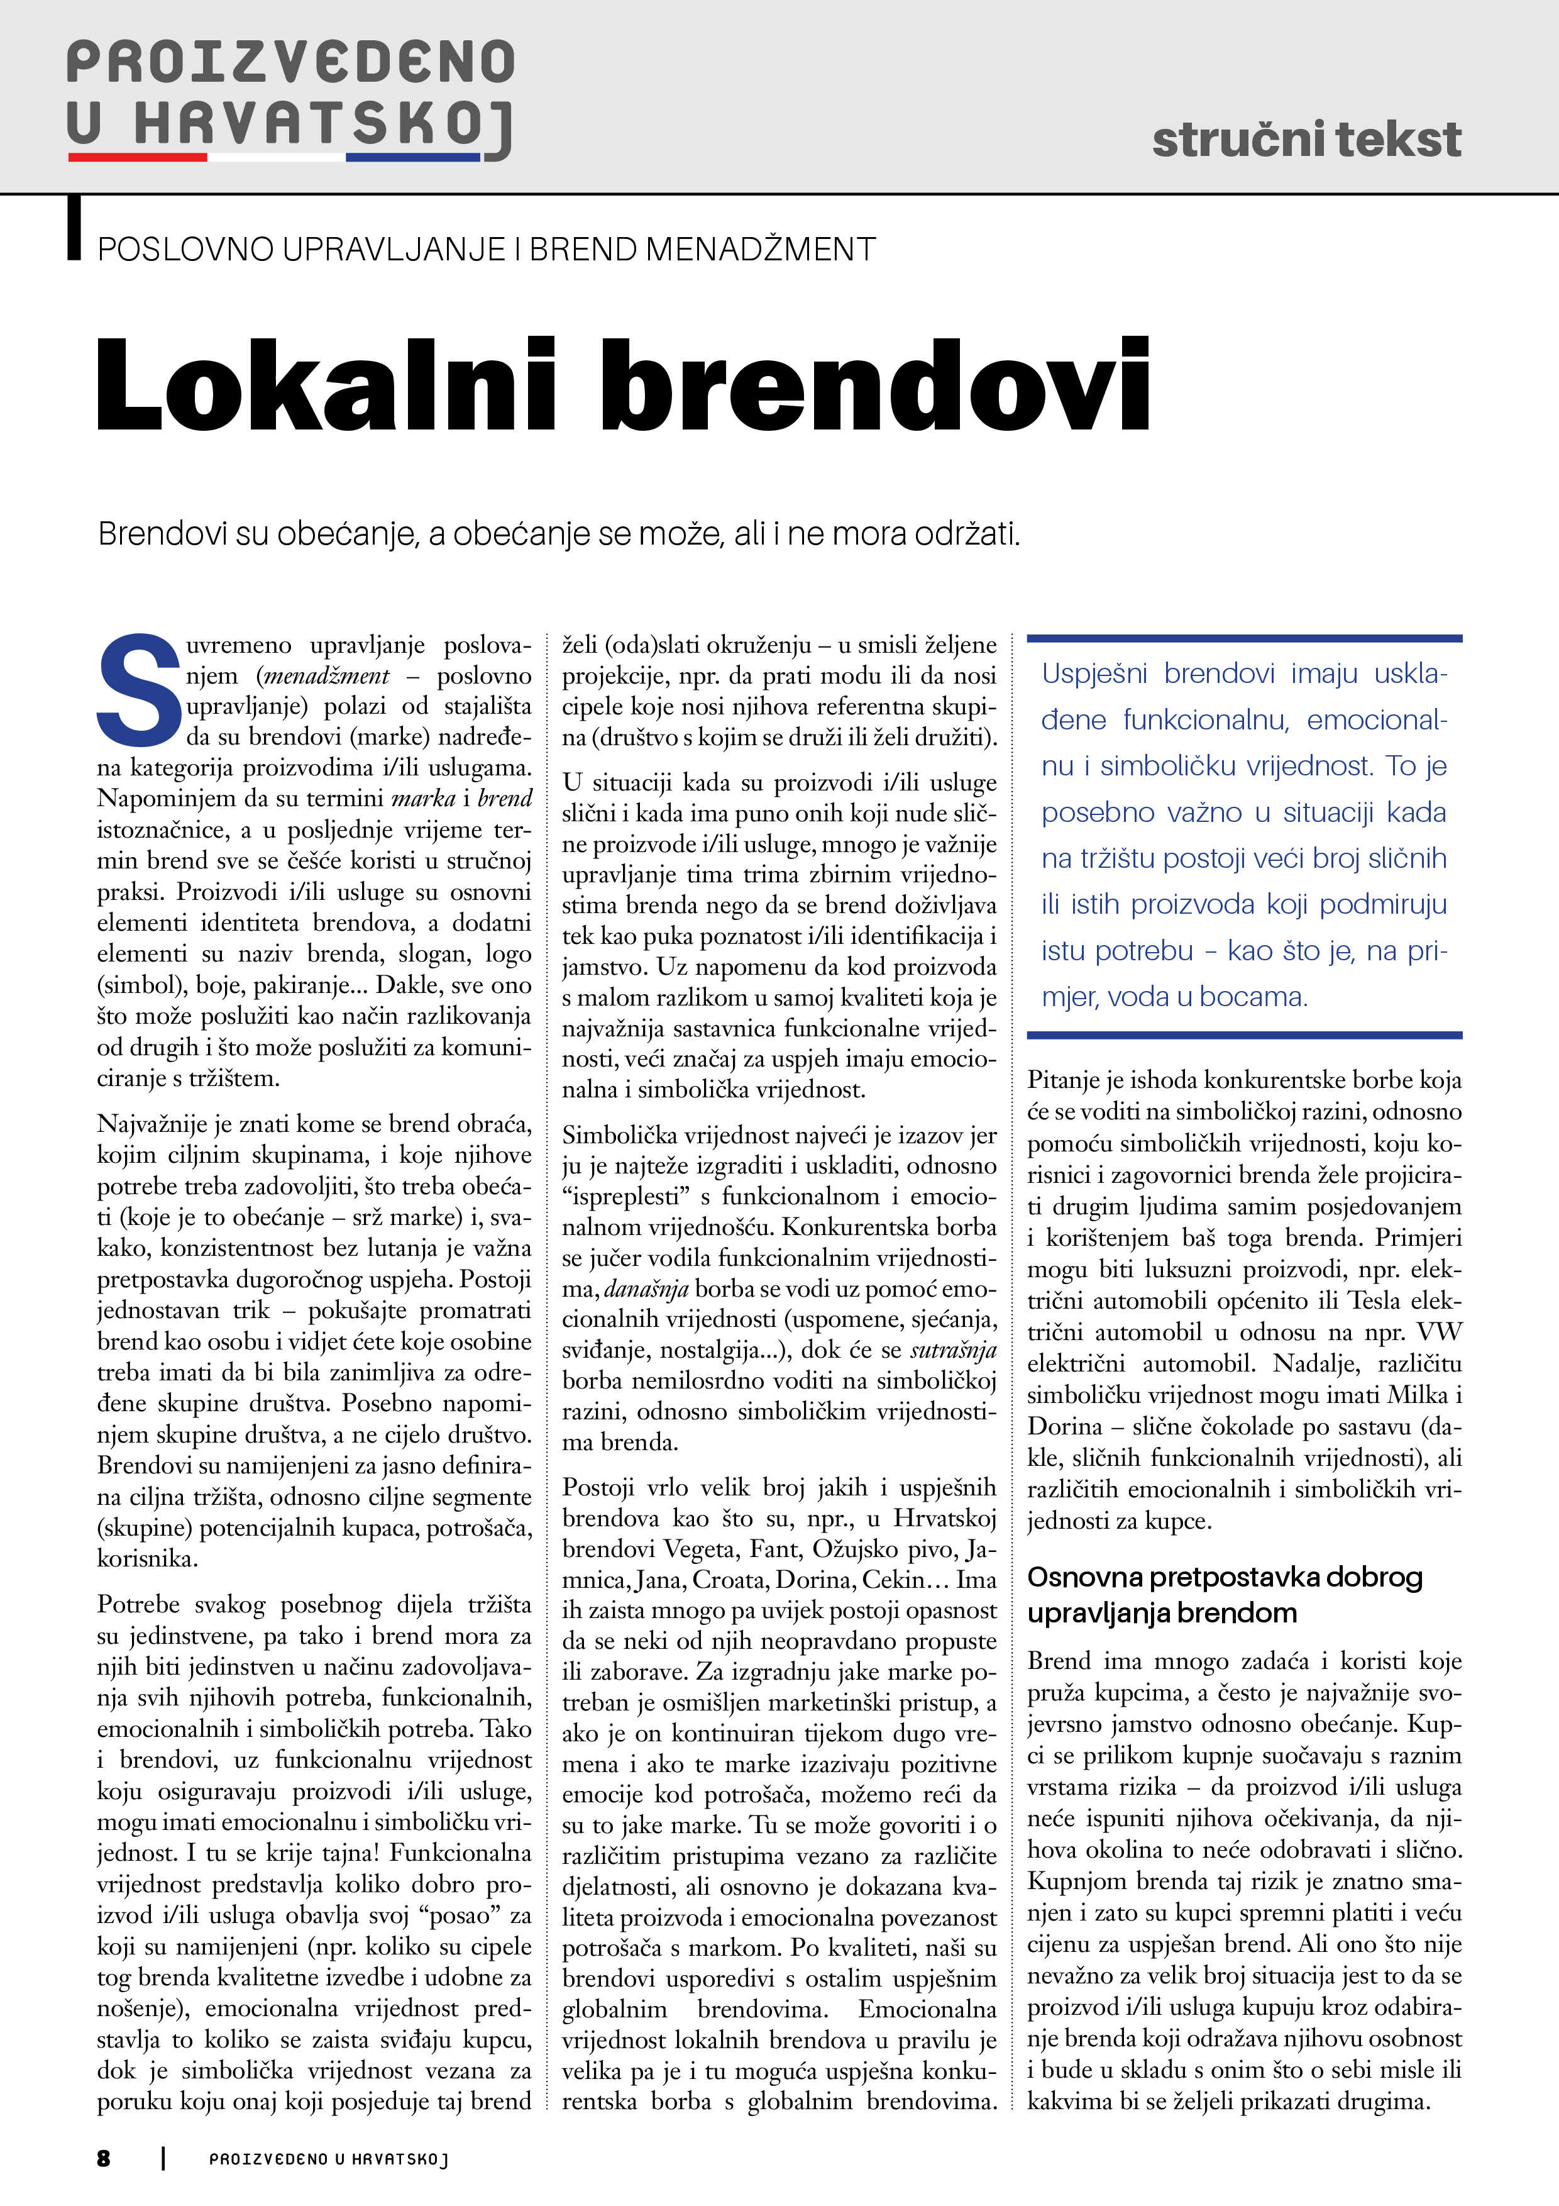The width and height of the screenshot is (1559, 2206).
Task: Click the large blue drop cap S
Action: tap(140, 690)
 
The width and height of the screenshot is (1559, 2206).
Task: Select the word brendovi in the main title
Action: tap(876, 384)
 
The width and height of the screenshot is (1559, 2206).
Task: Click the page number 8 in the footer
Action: tap(104, 2158)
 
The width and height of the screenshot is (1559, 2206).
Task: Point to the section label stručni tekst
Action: tap(1306, 140)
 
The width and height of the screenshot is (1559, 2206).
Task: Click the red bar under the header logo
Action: tap(138, 157)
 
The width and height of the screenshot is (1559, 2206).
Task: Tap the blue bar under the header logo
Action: tap(413, 157)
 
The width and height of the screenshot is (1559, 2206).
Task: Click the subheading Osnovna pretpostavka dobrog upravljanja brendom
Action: tap(1224, 1595)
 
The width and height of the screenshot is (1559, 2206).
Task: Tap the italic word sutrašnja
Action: tap(953, 1350)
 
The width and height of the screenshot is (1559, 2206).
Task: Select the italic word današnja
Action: tap(646, 1289)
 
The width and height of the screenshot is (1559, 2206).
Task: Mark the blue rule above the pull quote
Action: tap(1244, 638)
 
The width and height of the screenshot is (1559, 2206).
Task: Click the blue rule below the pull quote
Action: tap(1244, 1035)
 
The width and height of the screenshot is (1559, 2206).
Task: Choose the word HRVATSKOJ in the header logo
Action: tap(322, 125)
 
